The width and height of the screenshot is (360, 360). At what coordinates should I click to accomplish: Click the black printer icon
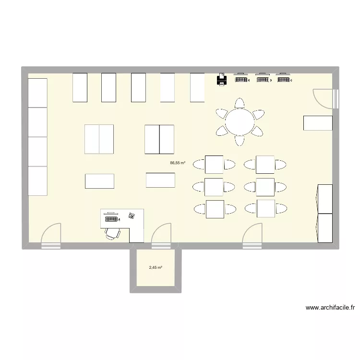221,80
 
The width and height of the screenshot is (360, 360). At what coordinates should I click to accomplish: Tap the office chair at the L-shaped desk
112,233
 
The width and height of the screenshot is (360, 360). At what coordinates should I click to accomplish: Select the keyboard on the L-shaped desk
111,219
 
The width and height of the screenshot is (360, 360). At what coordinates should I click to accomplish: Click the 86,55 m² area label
178,163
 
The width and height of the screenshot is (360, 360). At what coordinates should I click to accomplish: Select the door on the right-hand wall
326,98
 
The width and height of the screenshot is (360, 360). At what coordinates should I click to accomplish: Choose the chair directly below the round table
240,140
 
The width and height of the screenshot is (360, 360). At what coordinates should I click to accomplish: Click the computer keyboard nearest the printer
241,80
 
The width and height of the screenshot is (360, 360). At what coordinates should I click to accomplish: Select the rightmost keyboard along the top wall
283,80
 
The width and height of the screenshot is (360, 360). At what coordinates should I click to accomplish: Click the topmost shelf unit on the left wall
38,93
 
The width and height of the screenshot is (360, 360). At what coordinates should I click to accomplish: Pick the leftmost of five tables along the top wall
80,87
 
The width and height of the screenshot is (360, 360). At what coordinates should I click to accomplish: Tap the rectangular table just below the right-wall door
318,123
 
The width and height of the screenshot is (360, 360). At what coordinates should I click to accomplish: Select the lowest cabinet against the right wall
325,228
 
